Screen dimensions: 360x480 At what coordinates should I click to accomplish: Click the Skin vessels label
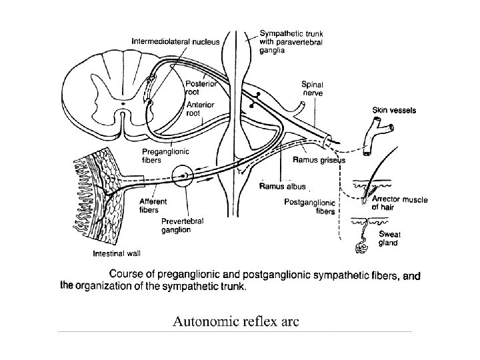tap(395, 110)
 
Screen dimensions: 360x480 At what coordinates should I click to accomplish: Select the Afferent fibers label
tap(153, 205)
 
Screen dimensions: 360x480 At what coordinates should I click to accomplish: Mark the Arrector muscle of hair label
tap(400, 203)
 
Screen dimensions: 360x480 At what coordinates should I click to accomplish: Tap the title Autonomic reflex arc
tap(236, 322)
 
